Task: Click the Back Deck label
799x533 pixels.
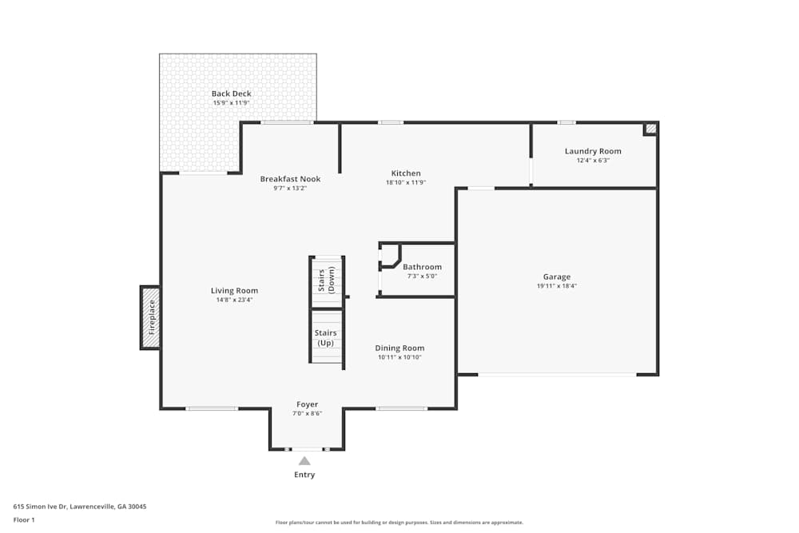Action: (x=231, y=93)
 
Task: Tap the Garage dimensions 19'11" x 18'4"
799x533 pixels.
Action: (x=557, y=286)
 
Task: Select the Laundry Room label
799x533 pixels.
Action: (x=592, y=151)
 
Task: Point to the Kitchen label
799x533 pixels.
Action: (x=405, y=173)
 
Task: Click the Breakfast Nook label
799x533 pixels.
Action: (x=290, y=179)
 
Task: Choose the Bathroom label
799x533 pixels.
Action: (x=422, y=267)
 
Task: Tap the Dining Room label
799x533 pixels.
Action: (x=399, y=348)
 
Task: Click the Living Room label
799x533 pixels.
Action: (x=234, y=290)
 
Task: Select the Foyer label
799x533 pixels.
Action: (x=307, y=404)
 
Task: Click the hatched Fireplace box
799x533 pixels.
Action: (x=150, y=317)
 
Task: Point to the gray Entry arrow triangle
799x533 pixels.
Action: (x=304, y=460)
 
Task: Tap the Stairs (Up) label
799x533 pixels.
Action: (x=325, y=337)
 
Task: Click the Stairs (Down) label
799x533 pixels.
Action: (x=325, y=276)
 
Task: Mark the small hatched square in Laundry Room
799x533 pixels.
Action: (x=650, y=128)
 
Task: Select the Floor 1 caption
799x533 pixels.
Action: (x=24, y=519)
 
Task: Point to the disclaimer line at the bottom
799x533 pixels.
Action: (x=399, y=523)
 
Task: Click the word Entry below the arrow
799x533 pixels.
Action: (x=304, y=475)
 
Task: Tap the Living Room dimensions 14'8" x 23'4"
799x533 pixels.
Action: (x=234, y=300)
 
